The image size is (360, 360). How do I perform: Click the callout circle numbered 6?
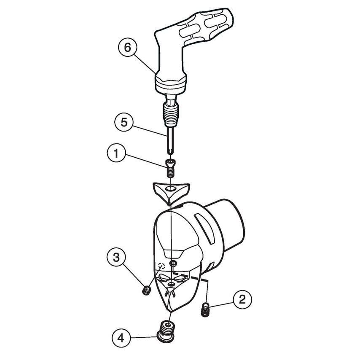[127, 48]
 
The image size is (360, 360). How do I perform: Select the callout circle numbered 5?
[124, 123]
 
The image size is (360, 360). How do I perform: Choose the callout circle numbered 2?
[242, 300]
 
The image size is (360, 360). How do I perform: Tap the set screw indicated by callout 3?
[146, 290]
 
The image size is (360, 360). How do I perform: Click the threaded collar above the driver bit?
[171, 114]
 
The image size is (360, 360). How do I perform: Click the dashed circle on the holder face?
[160, 266]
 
